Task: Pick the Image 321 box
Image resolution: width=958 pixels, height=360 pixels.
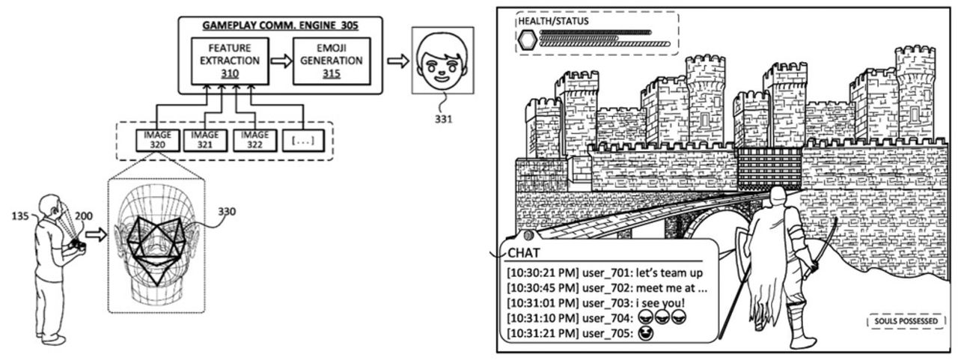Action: coord(204,139)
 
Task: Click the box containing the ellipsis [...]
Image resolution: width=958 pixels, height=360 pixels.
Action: coord(305,139)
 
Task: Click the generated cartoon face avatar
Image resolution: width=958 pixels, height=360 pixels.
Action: coord(443,61)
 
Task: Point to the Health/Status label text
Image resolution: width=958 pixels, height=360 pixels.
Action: coord(552,21)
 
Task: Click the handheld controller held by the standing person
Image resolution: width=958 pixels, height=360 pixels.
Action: coord(77,243)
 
